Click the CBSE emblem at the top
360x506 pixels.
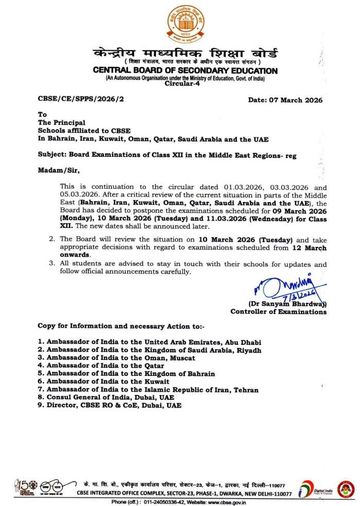pyautogui.click(x=185, y=24)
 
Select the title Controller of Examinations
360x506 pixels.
pyautogui.click(x=278, y=312)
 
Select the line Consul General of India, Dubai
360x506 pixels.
pyautogui.click(x=110, y=397)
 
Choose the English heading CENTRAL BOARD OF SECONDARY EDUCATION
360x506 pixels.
pyautogui.click(x=185, y=70)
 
